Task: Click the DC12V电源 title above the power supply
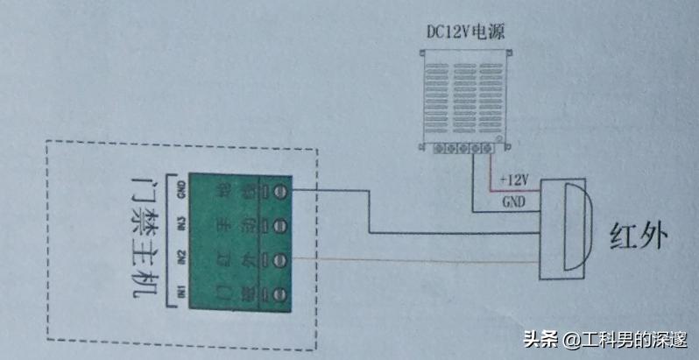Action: [x=464, y=32]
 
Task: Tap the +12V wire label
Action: [x=514, y=180]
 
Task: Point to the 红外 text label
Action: [x=638, y=235]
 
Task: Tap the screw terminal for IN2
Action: [x=282, y=258]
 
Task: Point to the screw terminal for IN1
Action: [x=282, y=293]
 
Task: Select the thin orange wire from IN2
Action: [x=412, y=259]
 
